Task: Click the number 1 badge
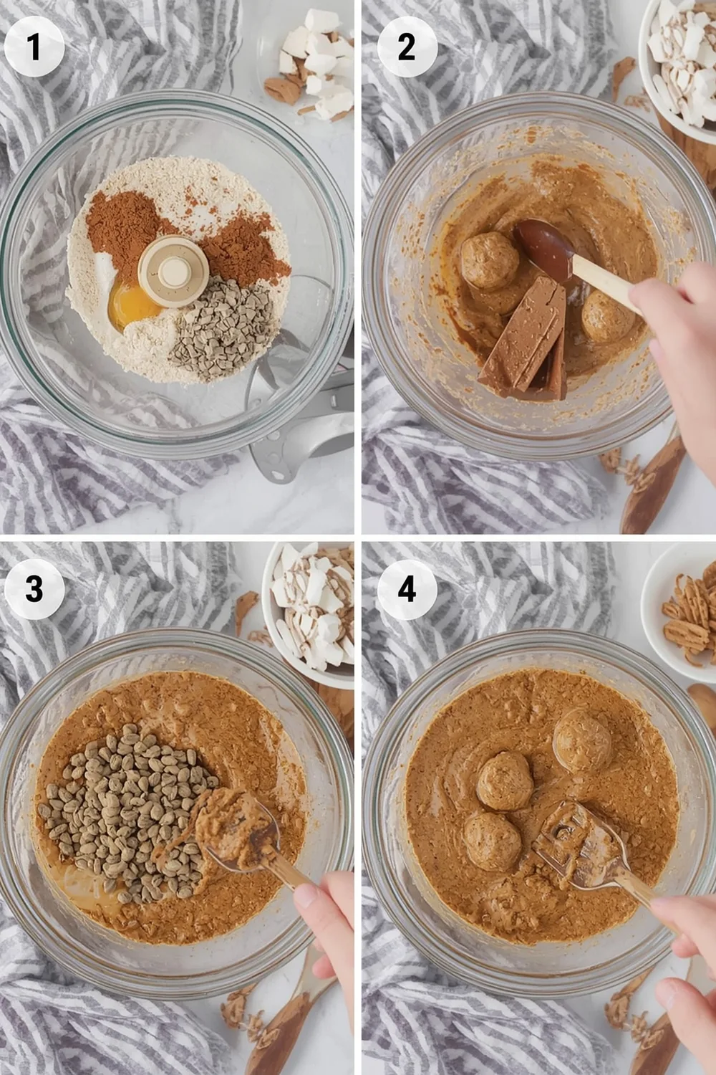(34, 47)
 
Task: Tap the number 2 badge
(407, 47)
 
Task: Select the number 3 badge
(34, 589)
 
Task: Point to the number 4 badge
(407, 589)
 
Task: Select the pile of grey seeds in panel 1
(215, 326)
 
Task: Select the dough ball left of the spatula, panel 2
(490, 260)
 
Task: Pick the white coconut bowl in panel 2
(680, 64)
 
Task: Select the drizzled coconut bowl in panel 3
(311, 609)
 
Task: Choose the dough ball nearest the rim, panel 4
(582, 738)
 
